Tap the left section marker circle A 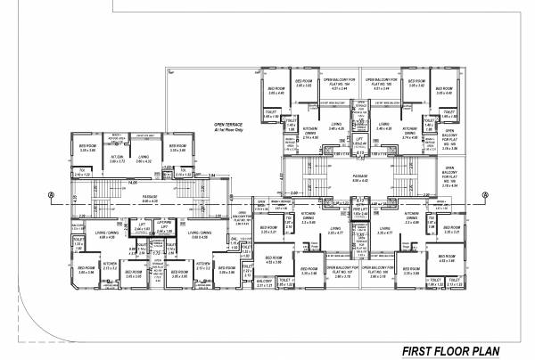(51, 193)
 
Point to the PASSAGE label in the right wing (360, 178)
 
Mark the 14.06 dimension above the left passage (131, 182)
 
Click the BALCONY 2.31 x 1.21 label (263, 283)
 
